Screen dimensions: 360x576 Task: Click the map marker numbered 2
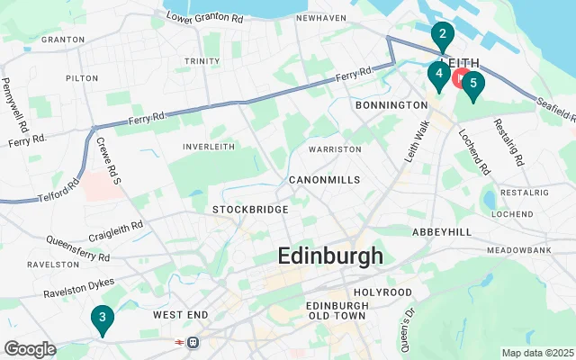pyautogui.click(x=442, y=37)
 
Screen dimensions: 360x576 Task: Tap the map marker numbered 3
pyautogui.click(x=103, y=318)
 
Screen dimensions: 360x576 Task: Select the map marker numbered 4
pyautogui.click(x=438, y=75)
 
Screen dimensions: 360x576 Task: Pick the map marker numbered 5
pyautogui.click(x=472, y=84)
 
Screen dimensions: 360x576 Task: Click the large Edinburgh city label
pyautogui.click(x=330, y=256)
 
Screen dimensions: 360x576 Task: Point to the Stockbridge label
pyautogui.click(x=250, y=210)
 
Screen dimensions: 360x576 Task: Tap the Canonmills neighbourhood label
pyautogui.click(x=324, y=180)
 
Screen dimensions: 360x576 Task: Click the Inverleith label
pyautogui.click(x=209, y=147)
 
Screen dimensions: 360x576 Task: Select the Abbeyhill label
pyautogui.click(x=442, y=231)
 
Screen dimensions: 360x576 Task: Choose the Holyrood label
pyautogui.click(x=382, y=292)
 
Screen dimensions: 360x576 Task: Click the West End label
pyautogui.click(x=181, y=315)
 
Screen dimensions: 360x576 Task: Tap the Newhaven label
pyautogui.click(x=321, y=17)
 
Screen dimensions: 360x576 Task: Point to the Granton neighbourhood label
pyautogui.click(x=63, y=40)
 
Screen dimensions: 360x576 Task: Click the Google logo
pyautogui.click(x=30, y=349)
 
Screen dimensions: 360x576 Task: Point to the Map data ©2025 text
pyautogui.click(x=536, y=353)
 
